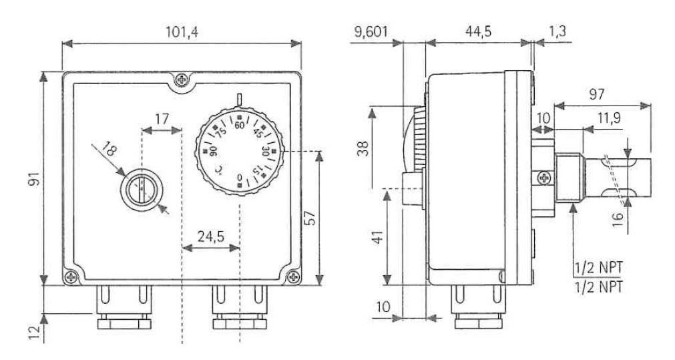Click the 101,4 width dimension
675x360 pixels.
tap(182, 32)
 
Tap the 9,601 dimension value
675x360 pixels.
tap(371, 32)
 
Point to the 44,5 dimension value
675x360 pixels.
tap(478, 31)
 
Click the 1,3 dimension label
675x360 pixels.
tap(557, 31)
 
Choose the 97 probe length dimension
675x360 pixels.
tap(597, 94)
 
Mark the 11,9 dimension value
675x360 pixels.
tap(609, 118)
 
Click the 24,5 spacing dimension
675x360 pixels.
tap(210, 236)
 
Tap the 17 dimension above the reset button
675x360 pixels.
tap(162, 119)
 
